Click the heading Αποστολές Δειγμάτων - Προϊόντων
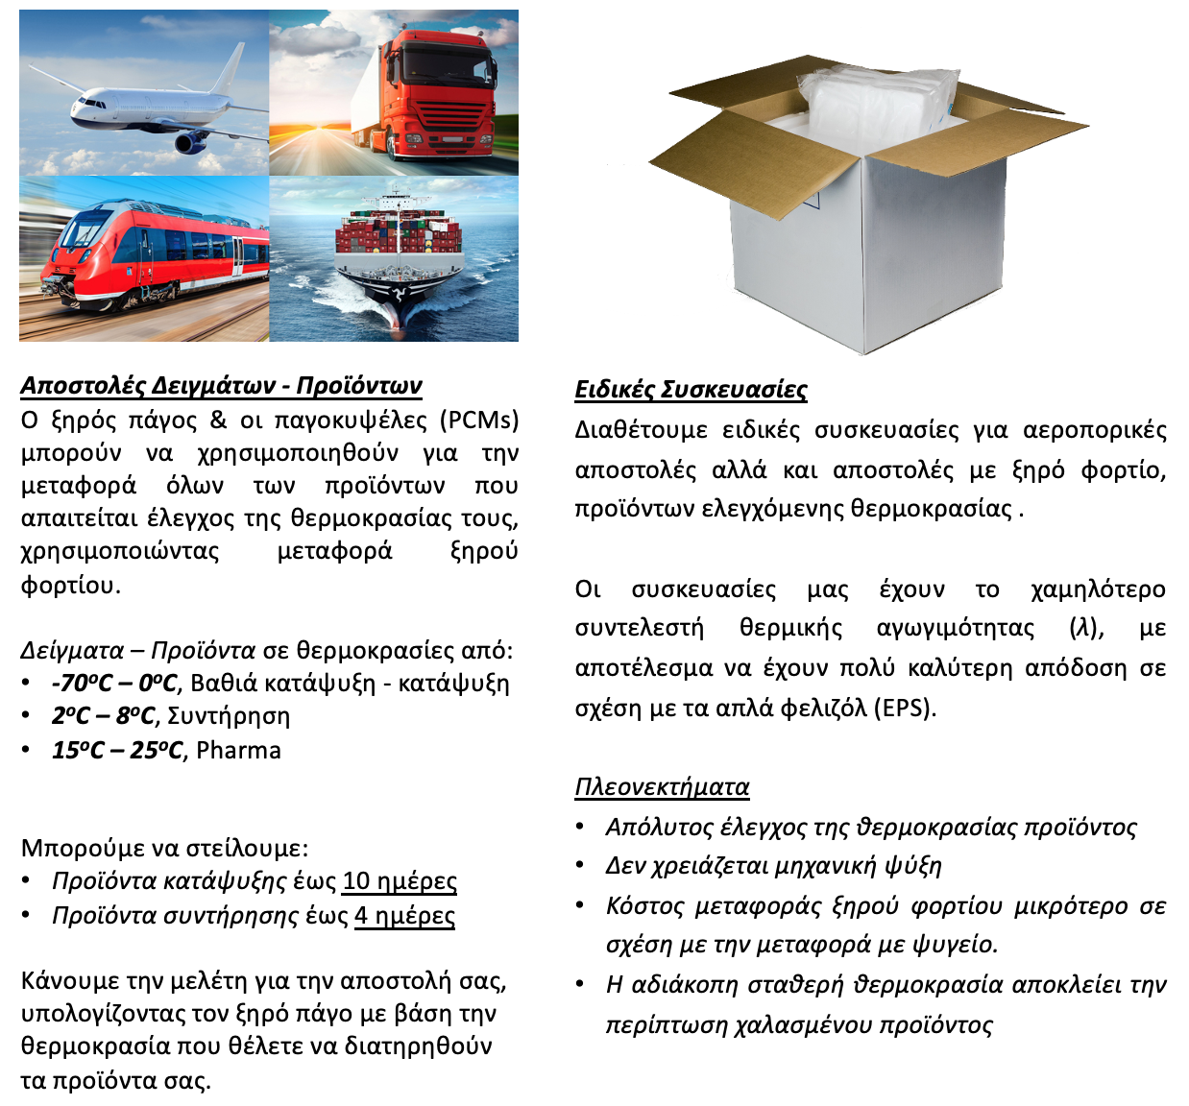(x=221, y=386)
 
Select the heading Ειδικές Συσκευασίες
(x=691, y=390)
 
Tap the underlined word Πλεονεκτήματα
(x=662, y=787)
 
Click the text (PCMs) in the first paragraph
(x=479, y=421)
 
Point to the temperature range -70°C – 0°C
(x=114, y=684)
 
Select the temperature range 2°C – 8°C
(x=103, y=717)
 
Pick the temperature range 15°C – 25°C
(x=116, y=750)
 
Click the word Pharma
(x=238, y=750)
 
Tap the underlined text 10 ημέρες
(x=400, y=881)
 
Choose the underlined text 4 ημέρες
(x=404, y=916)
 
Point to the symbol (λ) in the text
(x=1086, y=628)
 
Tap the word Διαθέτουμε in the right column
(x=641, y=430)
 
